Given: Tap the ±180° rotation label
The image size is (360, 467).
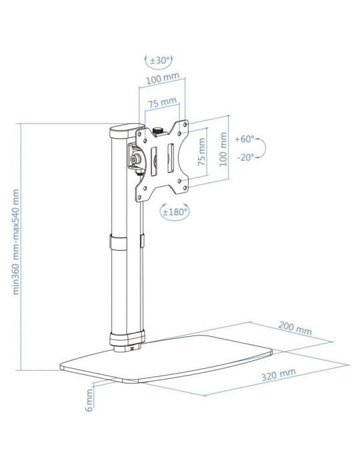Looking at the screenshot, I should pyautogui.click(x=175, y=211).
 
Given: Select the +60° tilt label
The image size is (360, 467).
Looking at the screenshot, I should pyautogui.click(x=245, y=139).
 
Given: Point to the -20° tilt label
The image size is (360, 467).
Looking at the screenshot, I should pyautogui.click(x=245, y=158).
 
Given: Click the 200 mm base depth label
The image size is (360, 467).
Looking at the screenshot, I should pyautogui.click(x=295, y=329).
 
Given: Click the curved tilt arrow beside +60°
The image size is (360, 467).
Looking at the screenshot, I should pyautogui.click(x=262, y=148).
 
